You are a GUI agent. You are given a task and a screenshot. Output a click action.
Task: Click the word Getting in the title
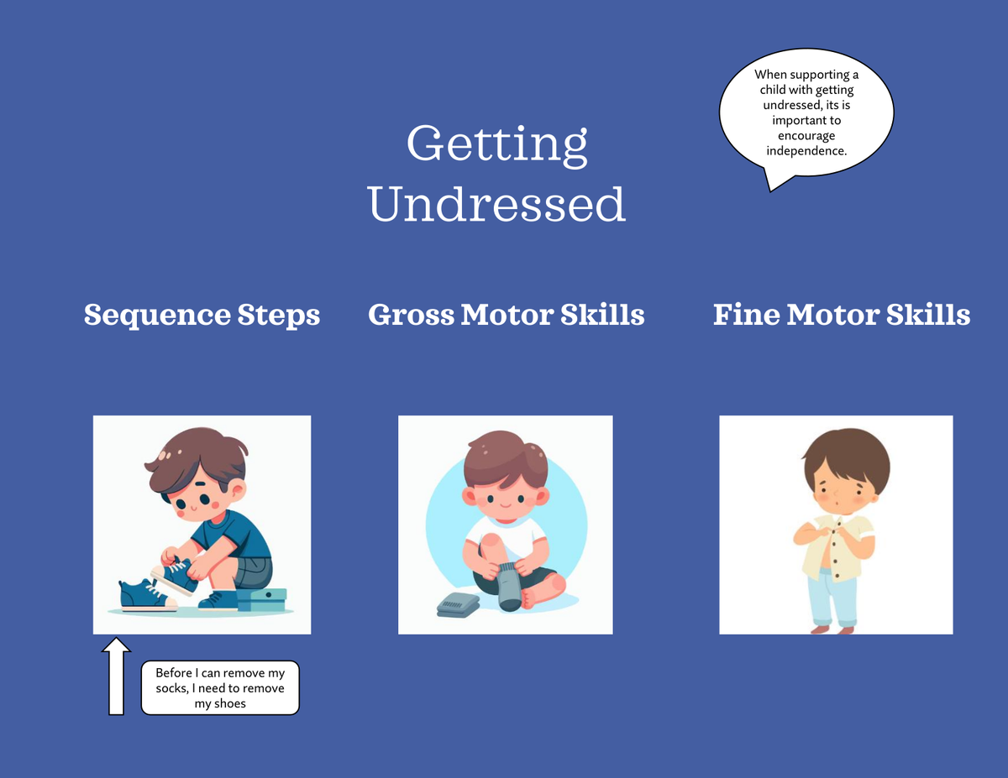496,144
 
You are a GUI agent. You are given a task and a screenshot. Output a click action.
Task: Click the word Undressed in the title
496,204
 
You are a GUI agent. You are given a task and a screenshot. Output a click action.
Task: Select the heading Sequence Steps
202,315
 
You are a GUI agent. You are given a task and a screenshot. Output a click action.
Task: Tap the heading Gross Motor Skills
506,315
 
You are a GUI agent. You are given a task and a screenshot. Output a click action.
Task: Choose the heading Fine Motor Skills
842,315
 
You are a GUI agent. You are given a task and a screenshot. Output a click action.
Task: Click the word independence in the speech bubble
806,151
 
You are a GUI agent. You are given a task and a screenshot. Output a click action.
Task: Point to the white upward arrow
116,676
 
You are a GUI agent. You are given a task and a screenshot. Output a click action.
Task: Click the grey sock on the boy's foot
509,587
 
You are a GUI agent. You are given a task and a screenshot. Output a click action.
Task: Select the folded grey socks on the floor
458,605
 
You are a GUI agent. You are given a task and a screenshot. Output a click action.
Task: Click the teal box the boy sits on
261,599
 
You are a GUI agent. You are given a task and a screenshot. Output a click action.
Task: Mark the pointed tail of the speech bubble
770,191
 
